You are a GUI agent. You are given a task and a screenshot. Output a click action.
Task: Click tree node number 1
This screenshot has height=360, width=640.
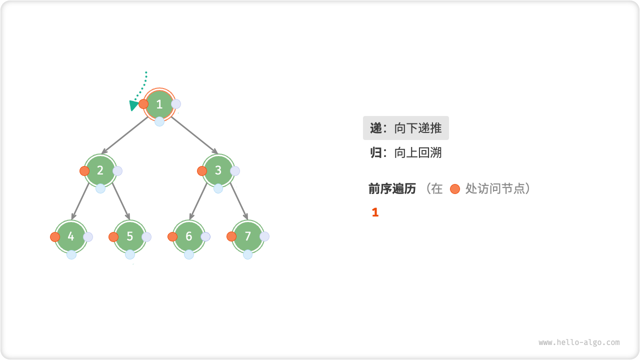[x=159, y=104]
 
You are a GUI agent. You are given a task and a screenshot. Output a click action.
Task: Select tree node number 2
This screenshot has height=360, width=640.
[x=100, y=170]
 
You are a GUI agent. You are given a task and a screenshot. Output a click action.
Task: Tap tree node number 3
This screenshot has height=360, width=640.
[x=218, y=170]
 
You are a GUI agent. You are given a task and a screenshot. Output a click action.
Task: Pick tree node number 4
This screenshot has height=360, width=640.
[x=71, y=236]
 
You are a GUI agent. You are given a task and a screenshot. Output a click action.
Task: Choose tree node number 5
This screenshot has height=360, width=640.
[x=130, y=236]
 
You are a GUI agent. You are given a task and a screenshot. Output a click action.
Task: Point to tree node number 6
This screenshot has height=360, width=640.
[x=189, y=236]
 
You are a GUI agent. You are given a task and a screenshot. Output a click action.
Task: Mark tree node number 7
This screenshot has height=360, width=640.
[x=248, y=236]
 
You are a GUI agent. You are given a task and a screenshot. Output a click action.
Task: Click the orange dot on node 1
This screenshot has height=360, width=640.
[x=143, y=104]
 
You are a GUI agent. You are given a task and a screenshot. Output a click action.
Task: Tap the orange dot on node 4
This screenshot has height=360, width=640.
[x=55, y=237]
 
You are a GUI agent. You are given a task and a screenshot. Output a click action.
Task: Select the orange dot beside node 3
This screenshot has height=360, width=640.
[x=202, y=171]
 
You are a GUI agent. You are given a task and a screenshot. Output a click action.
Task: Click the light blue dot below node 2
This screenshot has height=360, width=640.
[x=100, y=188]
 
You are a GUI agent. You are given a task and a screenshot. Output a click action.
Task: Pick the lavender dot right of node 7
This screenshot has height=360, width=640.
[x=264, y=236]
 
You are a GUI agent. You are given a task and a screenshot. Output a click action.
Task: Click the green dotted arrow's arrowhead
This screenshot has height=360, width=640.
[x=133, y=105]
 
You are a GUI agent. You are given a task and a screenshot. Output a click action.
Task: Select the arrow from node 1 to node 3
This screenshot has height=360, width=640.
[x=194, y=135]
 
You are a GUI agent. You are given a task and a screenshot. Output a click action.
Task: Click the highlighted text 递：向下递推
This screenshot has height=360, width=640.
[x=405, y=128]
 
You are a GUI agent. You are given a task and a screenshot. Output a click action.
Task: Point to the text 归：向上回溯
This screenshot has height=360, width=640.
[x=405, y=152]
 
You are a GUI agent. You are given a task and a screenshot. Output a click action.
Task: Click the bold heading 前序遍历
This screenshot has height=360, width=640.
[x=392, y=188]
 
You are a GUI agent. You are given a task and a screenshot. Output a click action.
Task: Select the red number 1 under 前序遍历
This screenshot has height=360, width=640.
[x=375, y=212]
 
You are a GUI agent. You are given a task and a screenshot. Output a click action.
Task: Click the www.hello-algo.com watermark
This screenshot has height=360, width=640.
[x=579, y=342]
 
